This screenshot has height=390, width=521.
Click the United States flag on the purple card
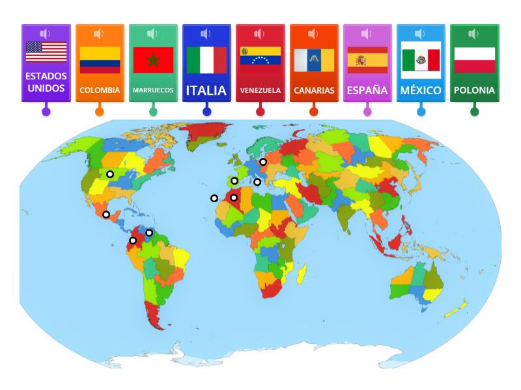click(46, 52)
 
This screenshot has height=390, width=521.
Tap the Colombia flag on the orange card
click(100, 59)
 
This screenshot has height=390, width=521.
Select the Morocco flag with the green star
click(153, 60)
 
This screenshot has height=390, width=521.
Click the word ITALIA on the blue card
click(206, 90)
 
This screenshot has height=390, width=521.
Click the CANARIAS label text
click(314, 90)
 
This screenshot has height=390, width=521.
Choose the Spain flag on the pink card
click(367, 59)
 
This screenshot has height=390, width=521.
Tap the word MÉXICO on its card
click(421, 90)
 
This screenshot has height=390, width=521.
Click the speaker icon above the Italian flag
click(206, 34)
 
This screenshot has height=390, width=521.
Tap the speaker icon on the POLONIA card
click(474, 34)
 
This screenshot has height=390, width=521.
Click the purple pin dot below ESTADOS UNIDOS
click(46, 111)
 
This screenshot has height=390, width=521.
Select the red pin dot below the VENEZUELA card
click(260, 111)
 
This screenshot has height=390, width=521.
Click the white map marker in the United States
click(111, 174)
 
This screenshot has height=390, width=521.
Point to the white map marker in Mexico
click(106, 214)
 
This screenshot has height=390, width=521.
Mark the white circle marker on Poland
click(263, 162)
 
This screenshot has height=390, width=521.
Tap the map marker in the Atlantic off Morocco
click(214, 198)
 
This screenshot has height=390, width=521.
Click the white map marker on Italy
click(257, 182)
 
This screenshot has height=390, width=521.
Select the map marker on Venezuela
click(149, 233)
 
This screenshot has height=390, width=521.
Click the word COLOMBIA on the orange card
click(100, 90)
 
